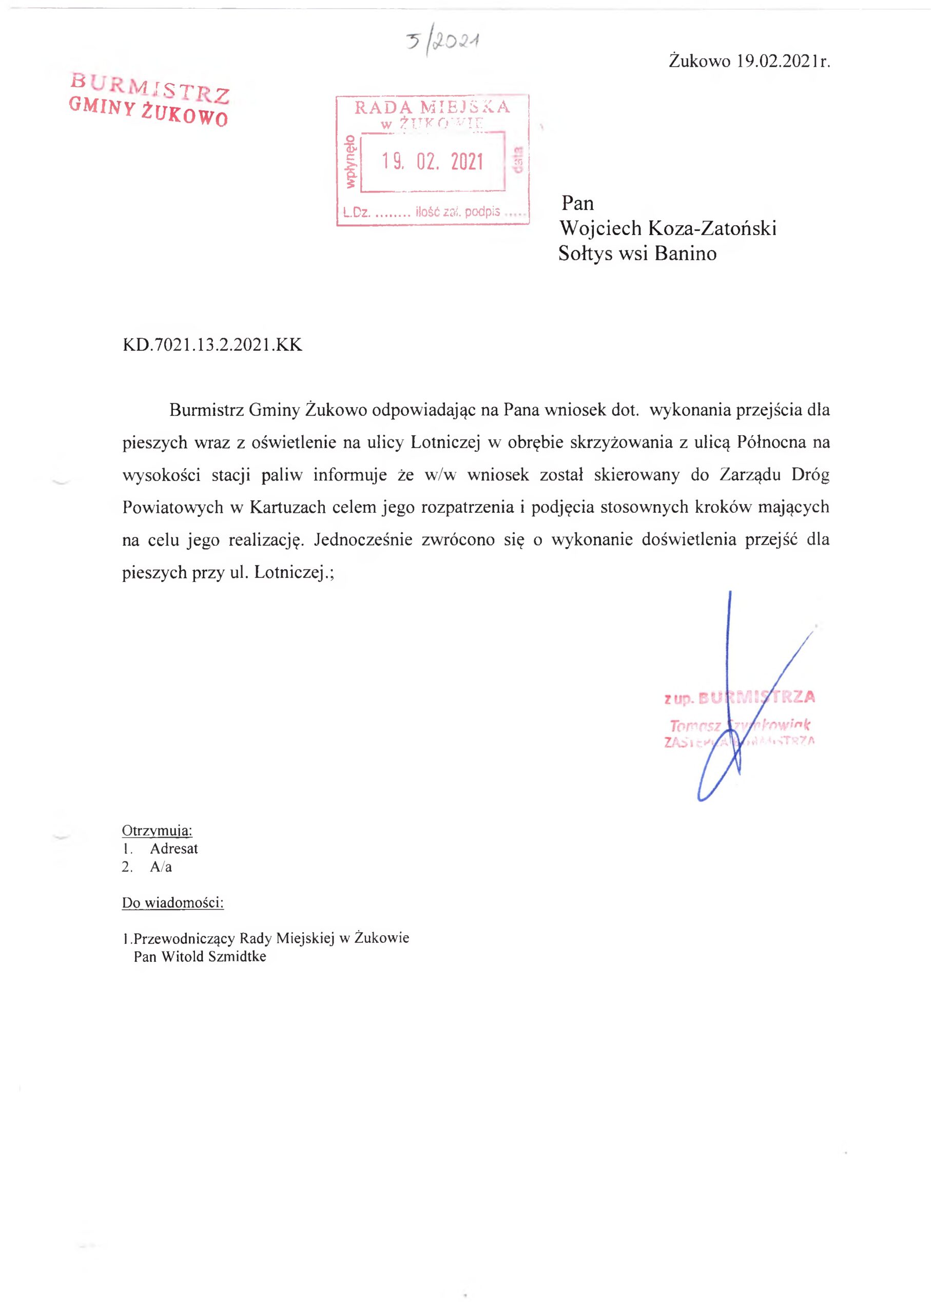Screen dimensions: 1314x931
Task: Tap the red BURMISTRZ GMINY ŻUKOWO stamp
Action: coord(149,99)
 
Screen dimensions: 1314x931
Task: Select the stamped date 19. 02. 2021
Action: coord(433,162)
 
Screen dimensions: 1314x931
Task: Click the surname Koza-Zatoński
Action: coord(712,228)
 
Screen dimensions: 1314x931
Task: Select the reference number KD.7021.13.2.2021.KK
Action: coord(212,345)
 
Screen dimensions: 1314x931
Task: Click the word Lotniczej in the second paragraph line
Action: coord(445,442)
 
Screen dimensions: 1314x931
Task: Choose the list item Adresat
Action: coord(173,848)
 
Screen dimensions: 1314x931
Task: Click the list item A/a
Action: coord(161,867)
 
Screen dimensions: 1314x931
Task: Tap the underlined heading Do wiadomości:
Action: coord(172,903)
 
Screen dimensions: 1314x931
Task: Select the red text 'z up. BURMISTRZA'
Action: coord(740,697)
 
